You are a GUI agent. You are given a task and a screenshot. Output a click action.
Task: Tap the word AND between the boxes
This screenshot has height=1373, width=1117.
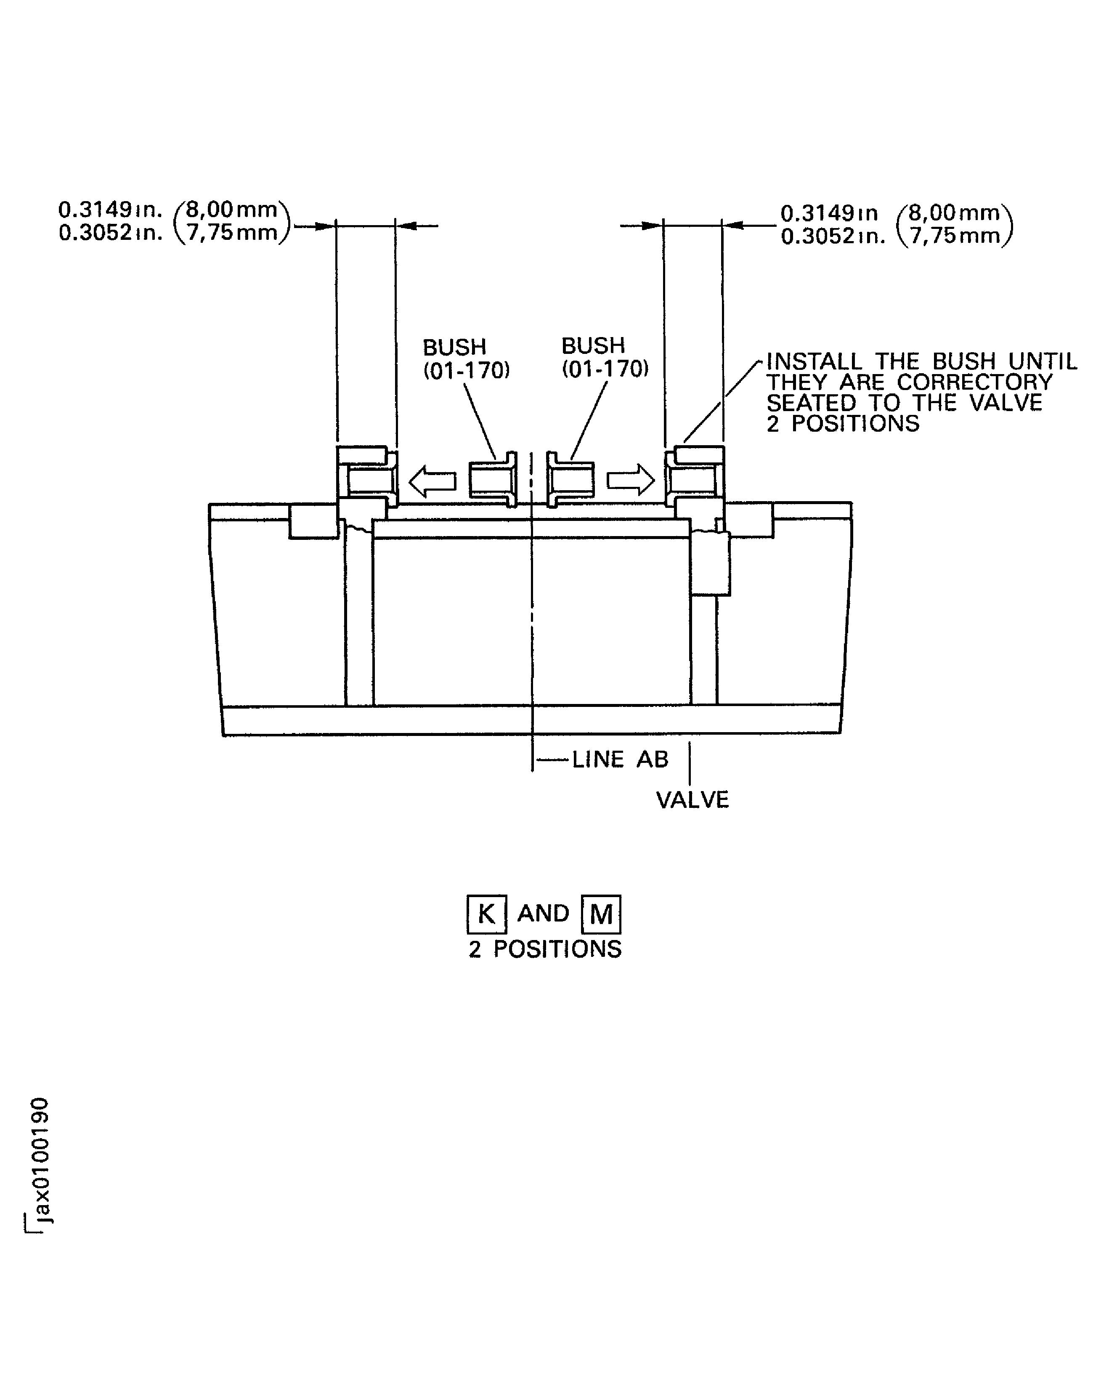coord(544,914)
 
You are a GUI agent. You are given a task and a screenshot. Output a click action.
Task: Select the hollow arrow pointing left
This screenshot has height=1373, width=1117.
coord(432,481)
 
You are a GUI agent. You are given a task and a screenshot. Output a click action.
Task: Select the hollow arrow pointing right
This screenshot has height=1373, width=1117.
coord(631,481)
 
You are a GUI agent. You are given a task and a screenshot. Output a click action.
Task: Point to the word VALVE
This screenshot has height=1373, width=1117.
coord(692,800)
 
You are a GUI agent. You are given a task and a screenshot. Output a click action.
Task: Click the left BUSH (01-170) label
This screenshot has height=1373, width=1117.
coord(466,359)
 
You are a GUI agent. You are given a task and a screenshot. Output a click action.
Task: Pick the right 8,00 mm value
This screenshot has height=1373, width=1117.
coord(954,212)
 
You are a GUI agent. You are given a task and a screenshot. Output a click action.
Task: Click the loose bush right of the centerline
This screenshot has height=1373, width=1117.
coord(570,480)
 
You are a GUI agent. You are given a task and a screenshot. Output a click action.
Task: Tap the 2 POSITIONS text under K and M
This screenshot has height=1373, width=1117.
coord(545,949)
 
